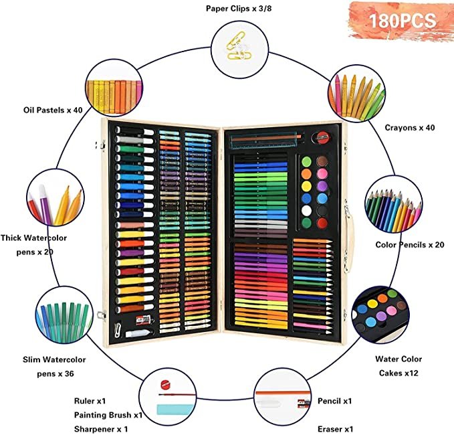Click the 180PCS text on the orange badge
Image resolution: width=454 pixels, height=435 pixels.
(x=403, y=21)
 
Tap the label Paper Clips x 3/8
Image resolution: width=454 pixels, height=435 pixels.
(x=239, y=9)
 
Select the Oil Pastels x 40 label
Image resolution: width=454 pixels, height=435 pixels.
(x=53, y=110)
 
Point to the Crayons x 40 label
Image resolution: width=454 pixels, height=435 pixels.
(x=410, y=128)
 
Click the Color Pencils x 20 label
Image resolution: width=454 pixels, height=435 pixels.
(x=410, y=245)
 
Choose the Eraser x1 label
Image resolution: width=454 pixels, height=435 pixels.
(x=335, y=429)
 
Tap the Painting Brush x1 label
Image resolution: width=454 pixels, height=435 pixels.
(x=108, y=415)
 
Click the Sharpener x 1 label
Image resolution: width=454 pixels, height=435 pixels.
(x=101, y=429)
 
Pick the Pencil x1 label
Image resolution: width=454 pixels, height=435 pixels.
(x=335, y=401)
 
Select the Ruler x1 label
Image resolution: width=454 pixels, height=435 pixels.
(x=90, y=401)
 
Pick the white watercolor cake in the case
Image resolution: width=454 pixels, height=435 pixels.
(x=306, y=211)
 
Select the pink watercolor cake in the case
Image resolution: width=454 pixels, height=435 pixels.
(x=322, y=174)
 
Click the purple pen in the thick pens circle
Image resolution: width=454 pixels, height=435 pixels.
(x=44, y=203)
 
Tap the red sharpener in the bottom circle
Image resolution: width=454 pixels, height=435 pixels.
(x=164, y=384)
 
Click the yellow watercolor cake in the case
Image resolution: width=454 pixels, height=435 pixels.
(x=306, y=186)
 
